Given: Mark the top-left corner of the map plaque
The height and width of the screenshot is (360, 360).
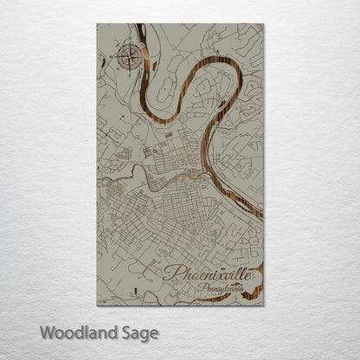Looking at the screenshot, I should click(x=98, y=24).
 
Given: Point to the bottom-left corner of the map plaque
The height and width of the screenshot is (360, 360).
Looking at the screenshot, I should click(x=98, y=305).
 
